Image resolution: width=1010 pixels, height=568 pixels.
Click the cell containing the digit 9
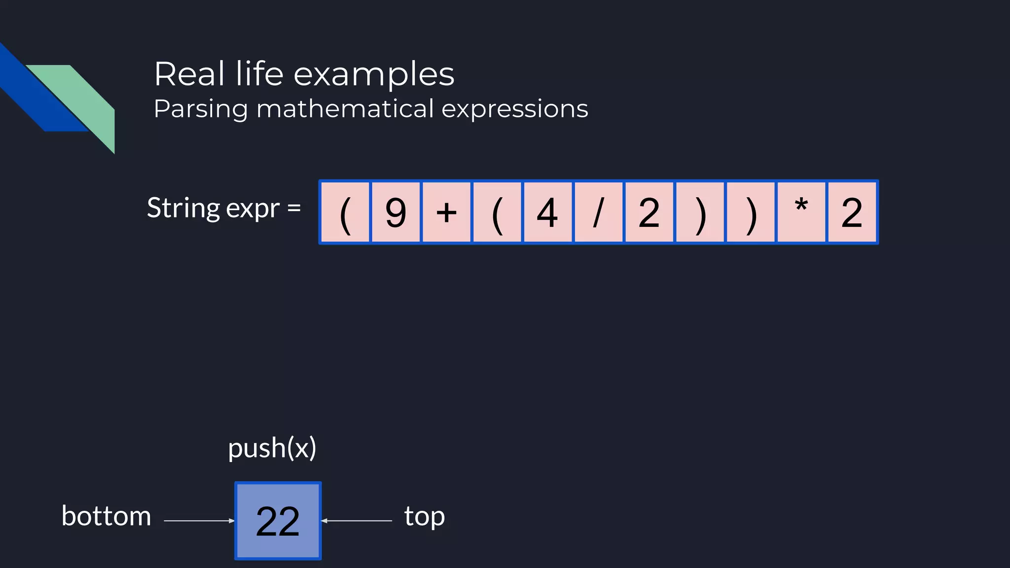pyautogui.click(x=396, y=213)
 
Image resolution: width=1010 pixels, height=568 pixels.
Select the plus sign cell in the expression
pyautogui.click(x=446, y=213)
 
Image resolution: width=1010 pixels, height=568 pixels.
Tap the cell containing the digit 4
pyautogui.click(x=547, y=213)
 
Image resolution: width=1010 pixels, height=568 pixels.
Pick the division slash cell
pyautogui.click(x=598, y=213)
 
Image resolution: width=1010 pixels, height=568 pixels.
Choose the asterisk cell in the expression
pyautogui.click(x=801, y=213)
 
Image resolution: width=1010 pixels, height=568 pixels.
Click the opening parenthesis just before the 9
pyautogui.click(x=345, y=213)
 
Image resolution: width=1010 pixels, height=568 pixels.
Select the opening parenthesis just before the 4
pyautogui.click(x=497, y=213)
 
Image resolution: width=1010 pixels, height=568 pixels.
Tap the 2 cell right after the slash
pyautogui.click(x=649, y=213)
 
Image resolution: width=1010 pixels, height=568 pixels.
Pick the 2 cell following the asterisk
pyautogui.click(x=852, y=213)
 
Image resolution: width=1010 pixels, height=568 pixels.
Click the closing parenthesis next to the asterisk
pyautogui.click(x=751, y=213)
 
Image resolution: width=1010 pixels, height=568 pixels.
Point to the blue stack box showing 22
pyautogui.click(x=278, y=521)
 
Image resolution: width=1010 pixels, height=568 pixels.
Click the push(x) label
pyautogui.click(x=272, y=448)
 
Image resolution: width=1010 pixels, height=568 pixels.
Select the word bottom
pyautogui.click(x=106, y=516)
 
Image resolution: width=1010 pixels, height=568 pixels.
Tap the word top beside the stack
pyautogui.click(x=425, y=516)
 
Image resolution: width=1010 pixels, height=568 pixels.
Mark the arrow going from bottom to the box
pyautogui.click(x=199, y=521)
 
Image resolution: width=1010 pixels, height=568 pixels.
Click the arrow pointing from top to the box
pyautogui.click(x=357, y=521)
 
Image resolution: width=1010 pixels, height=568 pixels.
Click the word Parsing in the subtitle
pyautogui.click(x=201, y=109)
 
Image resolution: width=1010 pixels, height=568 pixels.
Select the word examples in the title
pyautogui.click(x=374, y=74)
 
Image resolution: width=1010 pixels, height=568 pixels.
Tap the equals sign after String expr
pyautogui.click(x=294, y=208)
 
